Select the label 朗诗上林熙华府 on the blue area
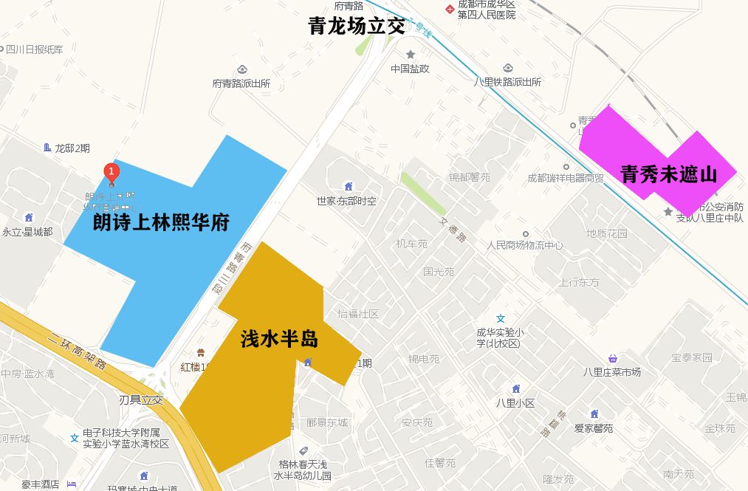click(x=161, y=222)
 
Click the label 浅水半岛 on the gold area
click(x=279, y=340)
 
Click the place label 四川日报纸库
click(x=35, y=49)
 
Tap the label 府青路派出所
click(x=241, y=83)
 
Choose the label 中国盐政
click(x=410, y=69)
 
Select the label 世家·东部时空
click(x=346, y=201)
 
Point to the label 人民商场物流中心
click(x=525, y=245)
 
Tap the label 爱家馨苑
click(x=594, y=428)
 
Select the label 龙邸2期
click(x=72, y=148)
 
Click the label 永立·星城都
click(x=27, y=232)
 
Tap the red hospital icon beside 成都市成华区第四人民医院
click(x=447, y=9)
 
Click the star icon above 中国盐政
click(x=411, y=54)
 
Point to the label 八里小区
click(x=515, y=403)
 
